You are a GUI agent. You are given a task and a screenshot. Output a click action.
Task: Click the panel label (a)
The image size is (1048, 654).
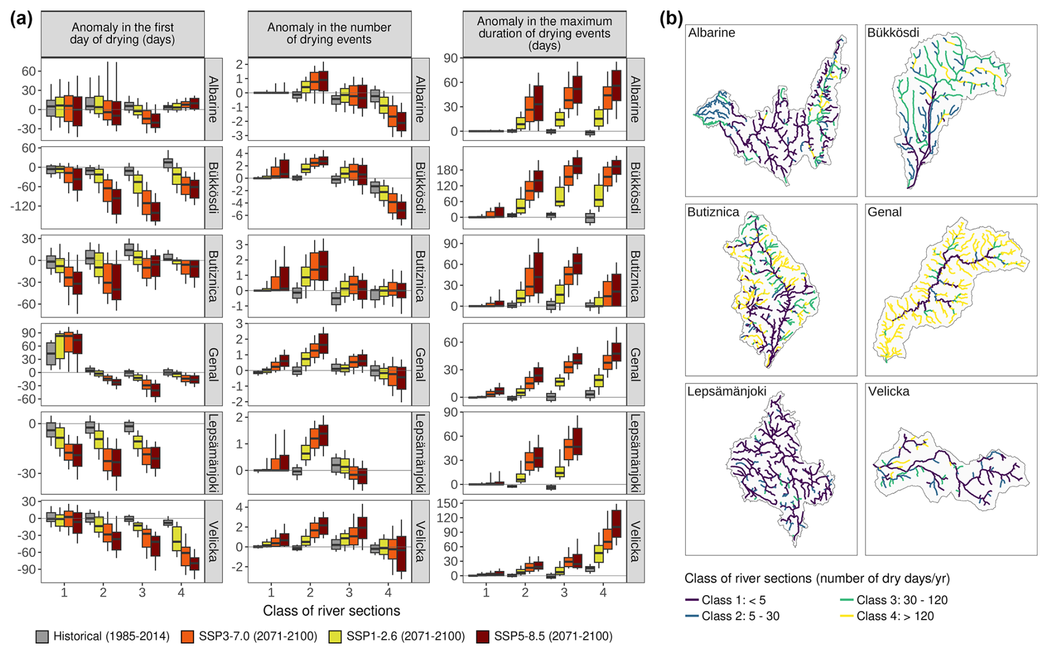pos(21,19)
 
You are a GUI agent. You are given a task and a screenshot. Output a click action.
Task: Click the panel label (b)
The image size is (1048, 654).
pos(671,19)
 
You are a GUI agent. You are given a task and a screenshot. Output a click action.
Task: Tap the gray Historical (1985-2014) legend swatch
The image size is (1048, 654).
pos(42,636)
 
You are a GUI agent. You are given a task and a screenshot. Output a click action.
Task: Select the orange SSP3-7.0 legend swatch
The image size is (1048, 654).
pos(188,636)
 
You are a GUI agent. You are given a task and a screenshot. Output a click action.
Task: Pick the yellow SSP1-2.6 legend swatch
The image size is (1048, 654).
pos(335,636)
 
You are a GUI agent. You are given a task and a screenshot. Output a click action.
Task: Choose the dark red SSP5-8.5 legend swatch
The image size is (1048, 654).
pos(482,636)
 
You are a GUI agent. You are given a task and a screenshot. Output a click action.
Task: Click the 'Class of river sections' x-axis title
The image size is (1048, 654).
pos(331,611)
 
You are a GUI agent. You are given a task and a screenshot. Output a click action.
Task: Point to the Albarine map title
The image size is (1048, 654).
pos(712,33)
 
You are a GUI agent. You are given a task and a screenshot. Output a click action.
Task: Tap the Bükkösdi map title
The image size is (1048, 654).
pos(893,33)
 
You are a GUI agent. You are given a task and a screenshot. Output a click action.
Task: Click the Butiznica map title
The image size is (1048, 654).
pos(713,212)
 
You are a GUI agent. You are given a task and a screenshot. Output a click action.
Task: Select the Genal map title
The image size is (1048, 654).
pos(885,212)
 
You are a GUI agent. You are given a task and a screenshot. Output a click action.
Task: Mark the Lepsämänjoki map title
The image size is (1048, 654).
pos(727,392)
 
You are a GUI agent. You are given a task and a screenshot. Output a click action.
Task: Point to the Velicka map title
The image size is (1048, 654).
pos(888,392)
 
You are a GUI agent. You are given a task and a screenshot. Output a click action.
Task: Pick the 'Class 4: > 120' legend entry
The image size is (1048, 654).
pos(895,616)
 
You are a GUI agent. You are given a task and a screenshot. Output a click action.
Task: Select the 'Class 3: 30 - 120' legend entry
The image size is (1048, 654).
pos(902,600)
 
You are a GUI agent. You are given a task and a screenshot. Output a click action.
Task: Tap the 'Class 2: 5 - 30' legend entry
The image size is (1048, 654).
pos(740,616)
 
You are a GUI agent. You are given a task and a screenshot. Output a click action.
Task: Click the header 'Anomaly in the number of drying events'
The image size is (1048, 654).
pos(329,33)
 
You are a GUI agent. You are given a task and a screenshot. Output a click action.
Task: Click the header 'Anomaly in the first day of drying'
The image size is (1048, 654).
pos(122,33)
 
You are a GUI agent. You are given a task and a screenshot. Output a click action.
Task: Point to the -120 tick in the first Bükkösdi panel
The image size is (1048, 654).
pos(24,206)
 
